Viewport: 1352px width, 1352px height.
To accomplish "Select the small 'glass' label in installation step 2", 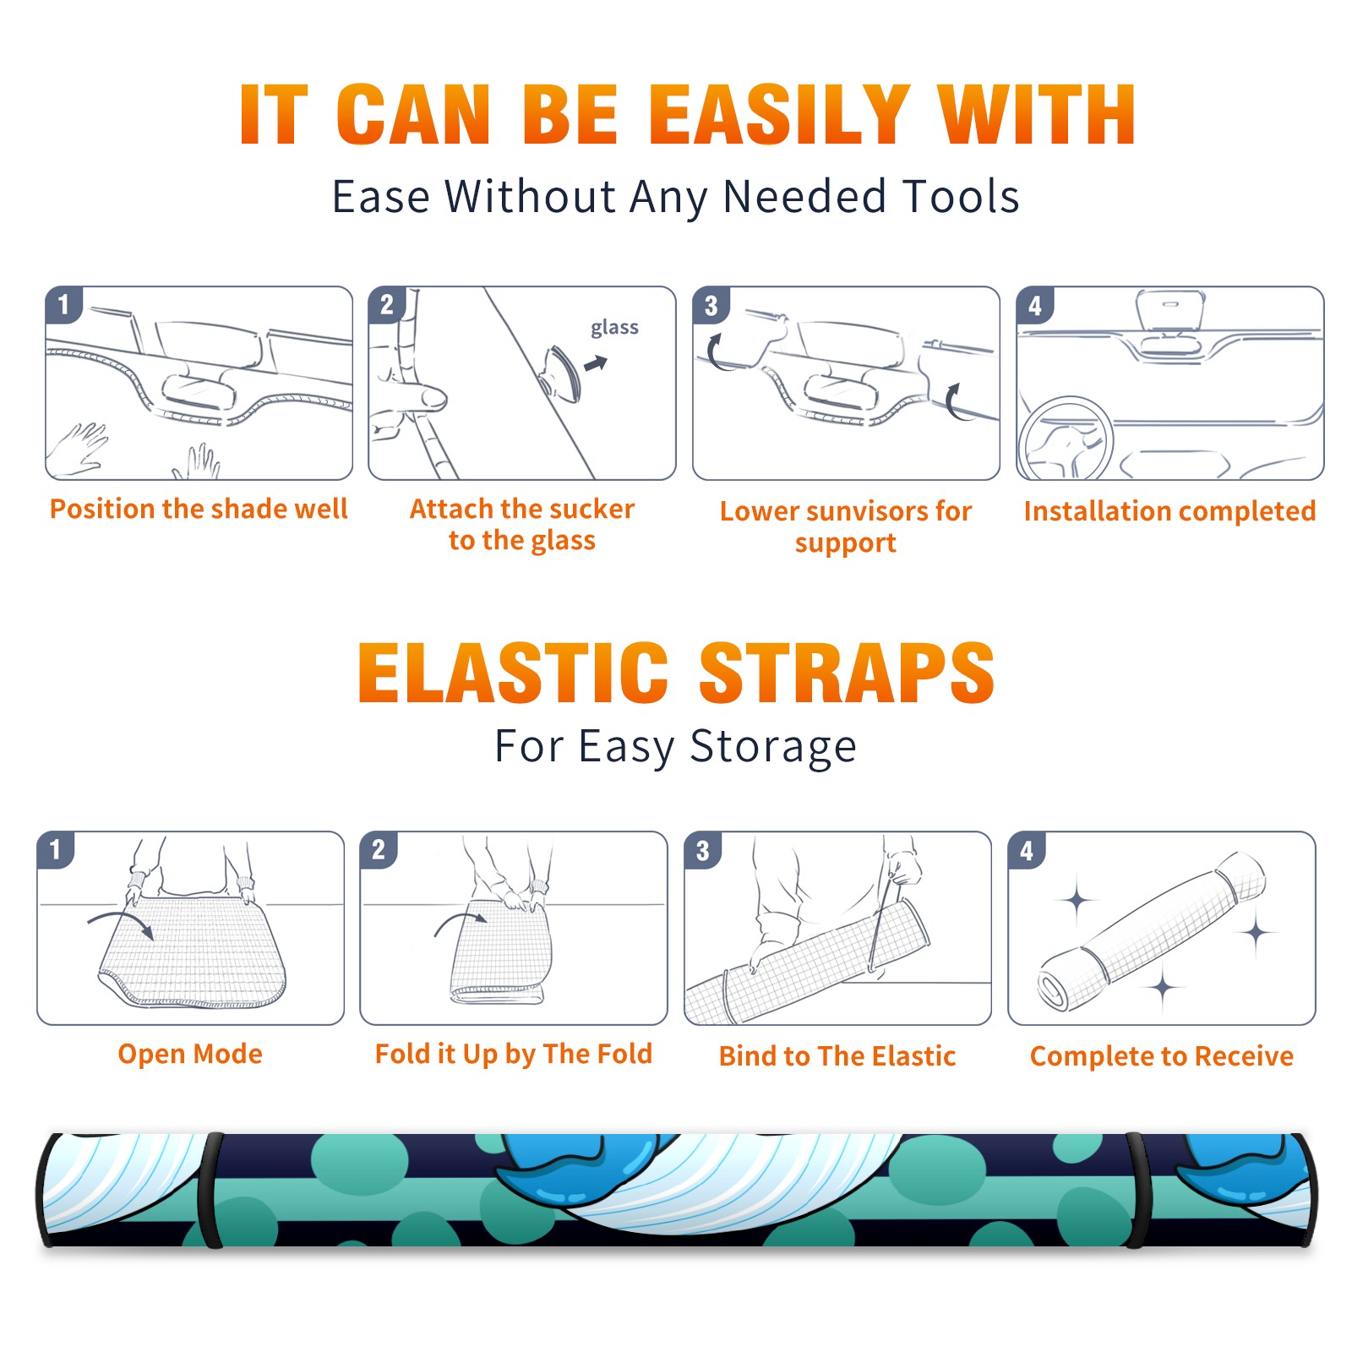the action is pyautogui.click(x=614, y=328).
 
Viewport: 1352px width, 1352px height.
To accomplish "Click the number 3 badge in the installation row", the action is pyautogui.click(x=711, y=305).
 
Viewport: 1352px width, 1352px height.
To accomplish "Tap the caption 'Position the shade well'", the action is pyautogui.click(x=199, y=509).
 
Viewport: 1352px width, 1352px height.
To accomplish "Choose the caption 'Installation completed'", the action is pyautogui.click(x=1169, y=510).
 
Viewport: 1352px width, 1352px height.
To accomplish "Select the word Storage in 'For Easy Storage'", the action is pyautogui.click(x=773, y=747).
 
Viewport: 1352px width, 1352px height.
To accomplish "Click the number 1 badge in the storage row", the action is pyautogui.click(x=56, y=849).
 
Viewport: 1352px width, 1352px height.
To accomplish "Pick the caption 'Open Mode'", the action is pyautogui.click(x=190, y=1054).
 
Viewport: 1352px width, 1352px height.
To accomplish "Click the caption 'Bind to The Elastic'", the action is pyautogui.click(x=837, y=1056).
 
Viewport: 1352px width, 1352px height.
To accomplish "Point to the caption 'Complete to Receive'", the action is pyautogui.click(x=1162, y=1056).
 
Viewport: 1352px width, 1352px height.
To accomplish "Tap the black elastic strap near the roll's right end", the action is pyautogui.click(x=1135, y=1190).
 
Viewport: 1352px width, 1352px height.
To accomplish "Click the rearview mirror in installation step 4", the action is pyautogui.click(x=1170, y=312).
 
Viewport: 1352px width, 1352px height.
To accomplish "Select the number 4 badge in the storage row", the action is pyautogui.click(x=1027, y=849).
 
